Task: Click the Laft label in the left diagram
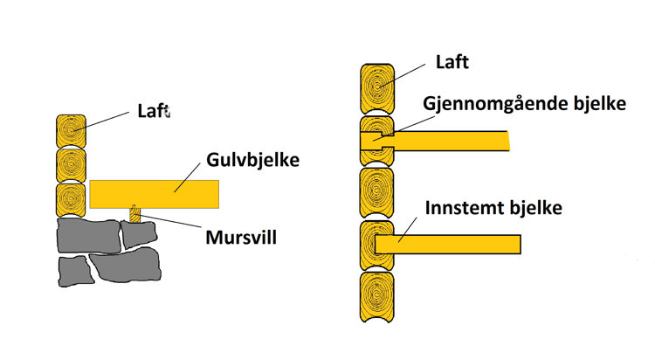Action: [153, 111]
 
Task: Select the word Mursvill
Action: [240, 235]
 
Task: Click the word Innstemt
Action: [459, 210]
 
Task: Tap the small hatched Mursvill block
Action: [133, 213]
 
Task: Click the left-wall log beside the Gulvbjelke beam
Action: [70, 198]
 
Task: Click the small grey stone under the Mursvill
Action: [136, 233]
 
